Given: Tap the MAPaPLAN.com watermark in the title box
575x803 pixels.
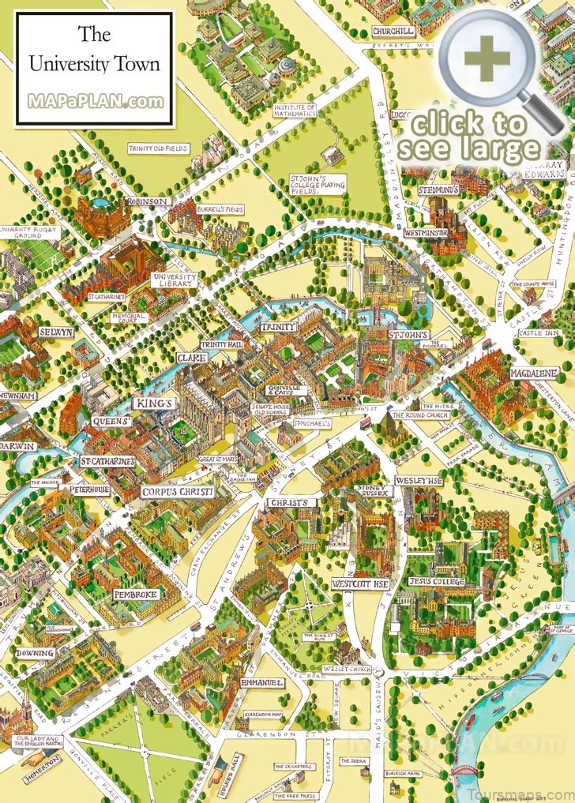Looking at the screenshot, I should point(96,102).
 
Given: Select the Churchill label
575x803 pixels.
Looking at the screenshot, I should point(393,31).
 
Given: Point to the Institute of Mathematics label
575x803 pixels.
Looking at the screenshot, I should point(295,110).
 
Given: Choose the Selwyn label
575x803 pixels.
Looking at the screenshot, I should point(55,332).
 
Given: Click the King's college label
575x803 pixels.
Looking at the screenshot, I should point(154,403).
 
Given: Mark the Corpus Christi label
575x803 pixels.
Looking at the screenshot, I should point(177,492).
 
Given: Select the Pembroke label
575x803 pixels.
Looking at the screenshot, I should point(136,594).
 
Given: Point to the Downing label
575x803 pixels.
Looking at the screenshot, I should point(35,653).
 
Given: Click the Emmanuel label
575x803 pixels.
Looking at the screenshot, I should point(261,682).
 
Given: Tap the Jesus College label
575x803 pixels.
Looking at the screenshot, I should point(436,582).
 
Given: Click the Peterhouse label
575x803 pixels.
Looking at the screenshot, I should point(88,490).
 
